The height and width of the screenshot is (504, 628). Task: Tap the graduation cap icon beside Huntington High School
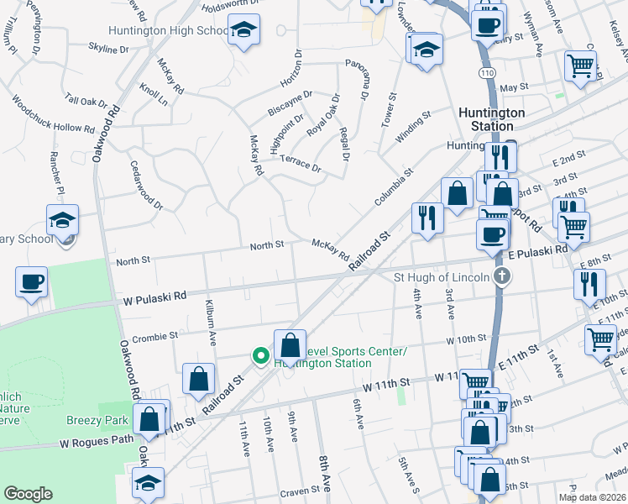(x=243, y=32)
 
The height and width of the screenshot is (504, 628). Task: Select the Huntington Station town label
(x=491, y=118)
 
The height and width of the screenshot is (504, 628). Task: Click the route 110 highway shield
(x=487, y=75)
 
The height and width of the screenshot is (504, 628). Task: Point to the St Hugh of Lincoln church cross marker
(x=501, y=276)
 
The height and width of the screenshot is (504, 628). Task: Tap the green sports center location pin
(x=261, y=357)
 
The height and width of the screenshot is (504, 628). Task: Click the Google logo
(x=29, y=494)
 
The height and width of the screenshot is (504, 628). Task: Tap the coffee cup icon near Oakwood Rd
(x=32, y=281)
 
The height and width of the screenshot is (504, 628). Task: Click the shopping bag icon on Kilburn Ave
(x=200, y=379)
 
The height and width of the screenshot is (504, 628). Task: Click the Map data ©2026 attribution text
(x=591, y=497)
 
